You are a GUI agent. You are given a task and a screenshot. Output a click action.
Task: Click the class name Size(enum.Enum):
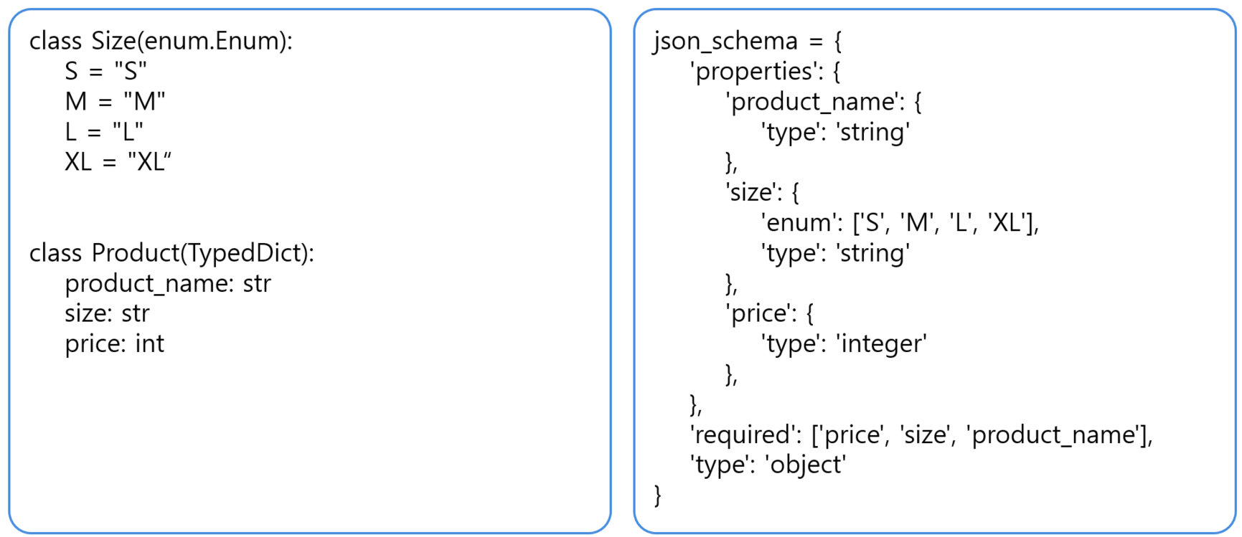pos(192,41)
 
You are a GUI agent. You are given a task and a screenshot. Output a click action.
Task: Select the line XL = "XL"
pos(118,162)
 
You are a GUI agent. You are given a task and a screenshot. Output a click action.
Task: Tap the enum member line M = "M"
pos(116,101)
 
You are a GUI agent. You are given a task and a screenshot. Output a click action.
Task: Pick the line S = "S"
pos(106,71)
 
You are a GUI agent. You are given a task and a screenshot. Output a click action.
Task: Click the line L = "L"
pos(104,131)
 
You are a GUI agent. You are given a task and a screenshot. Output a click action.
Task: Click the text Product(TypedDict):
pos(203,253)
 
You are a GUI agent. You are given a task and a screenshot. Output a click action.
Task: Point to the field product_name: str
pos(168,284)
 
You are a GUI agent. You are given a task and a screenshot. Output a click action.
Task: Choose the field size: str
pos(107,313)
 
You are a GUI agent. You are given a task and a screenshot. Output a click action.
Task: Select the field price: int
pos(115,344)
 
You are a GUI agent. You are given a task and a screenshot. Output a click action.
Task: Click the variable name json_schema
pos(725,42)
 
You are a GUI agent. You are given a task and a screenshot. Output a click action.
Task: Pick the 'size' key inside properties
pos(752,192)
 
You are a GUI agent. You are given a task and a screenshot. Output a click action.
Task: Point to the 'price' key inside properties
pos(760,313)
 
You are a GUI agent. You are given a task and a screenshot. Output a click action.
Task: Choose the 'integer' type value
pos(882,344)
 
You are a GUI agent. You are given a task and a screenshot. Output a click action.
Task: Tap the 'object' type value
pos(806,465)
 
